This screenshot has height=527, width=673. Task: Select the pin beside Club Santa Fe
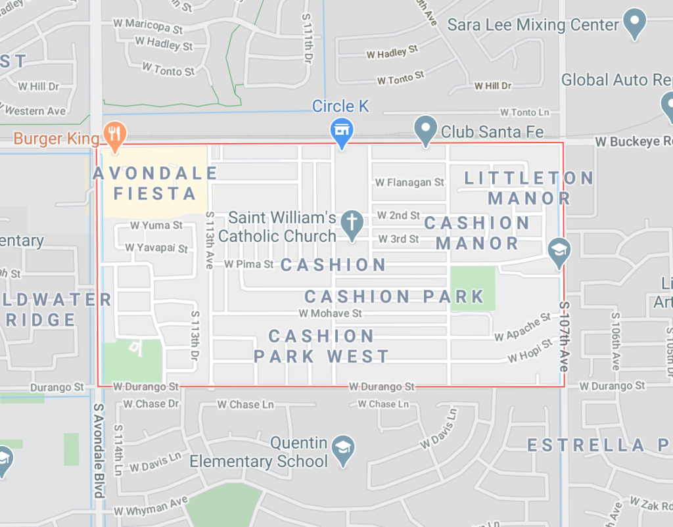pos(426,129)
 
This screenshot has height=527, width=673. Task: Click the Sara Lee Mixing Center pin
pos(634,23)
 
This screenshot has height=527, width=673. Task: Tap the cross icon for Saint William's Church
pos(352,223)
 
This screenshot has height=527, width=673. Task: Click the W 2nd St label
pos(398,216)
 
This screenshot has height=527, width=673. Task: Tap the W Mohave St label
pos(330,313)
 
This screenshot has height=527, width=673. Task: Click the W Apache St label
pos(522,327)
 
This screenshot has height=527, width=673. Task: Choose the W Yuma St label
pos(156,225)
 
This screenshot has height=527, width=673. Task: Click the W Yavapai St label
pos(157,248)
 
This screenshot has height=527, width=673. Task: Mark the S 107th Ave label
pos(564,336)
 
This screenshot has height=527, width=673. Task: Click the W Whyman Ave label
pos(151,506)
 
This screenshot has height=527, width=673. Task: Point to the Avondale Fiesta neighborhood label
pos(155,183)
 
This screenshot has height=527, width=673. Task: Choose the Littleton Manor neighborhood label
pos(529,188)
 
